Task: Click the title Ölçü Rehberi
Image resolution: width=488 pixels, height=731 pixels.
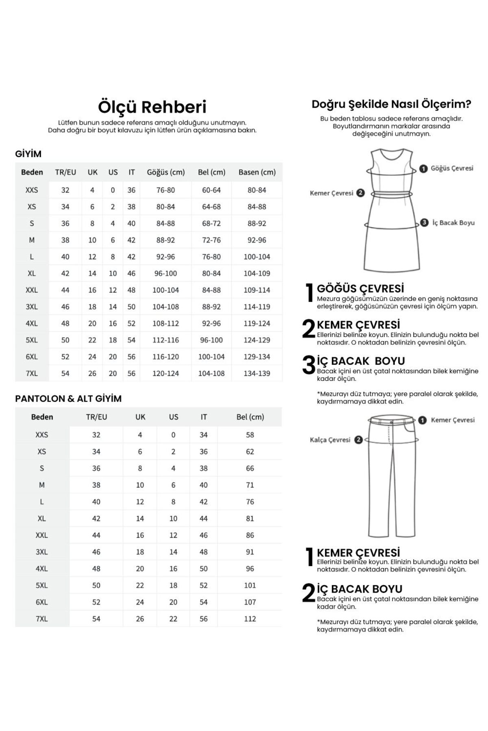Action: click(x=152, y=107)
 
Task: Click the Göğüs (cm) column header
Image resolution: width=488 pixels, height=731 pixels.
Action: click(x=166, y=172)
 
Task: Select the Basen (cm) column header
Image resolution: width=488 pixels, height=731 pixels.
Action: click(x=257, y=172)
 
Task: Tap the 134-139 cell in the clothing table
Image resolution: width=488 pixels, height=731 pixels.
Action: click(x=257, y=373)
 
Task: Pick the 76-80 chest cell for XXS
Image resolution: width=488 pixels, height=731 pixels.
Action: click(x=166, y=190)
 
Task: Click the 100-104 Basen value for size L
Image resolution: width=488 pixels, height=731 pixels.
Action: click(x=257, y=257)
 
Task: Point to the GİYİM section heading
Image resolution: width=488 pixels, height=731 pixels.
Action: click(x=28, y=154)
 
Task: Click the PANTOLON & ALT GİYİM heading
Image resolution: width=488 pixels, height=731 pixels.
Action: click(x=68, y=399)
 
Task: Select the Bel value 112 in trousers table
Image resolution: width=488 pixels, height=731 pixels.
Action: click(x=250, y=619)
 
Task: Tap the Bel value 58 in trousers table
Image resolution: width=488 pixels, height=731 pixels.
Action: click(x=250, y=435)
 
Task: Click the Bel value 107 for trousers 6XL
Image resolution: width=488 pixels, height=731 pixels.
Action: click(x=250, y=602)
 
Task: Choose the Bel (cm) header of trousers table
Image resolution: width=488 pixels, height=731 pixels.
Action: click(x=250, y=417)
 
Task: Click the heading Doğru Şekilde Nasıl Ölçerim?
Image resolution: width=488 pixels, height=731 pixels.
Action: click(x=391, y=104)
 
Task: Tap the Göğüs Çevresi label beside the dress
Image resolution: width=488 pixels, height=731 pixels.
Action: click(x=452, y=168)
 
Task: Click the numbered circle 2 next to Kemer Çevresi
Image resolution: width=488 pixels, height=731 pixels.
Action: click(x=360, y=193)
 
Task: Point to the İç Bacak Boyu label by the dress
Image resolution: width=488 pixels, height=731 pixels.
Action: click(x=453, y=223)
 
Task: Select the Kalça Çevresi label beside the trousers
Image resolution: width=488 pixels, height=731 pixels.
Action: click(x=330, y=440)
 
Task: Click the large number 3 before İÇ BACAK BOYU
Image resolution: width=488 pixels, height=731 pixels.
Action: click(x=309, y=364)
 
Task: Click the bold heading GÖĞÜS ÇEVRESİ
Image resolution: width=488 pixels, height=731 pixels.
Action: click(x=360, y=288)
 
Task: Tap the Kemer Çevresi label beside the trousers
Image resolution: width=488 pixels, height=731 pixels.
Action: click(x=453, y=420)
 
